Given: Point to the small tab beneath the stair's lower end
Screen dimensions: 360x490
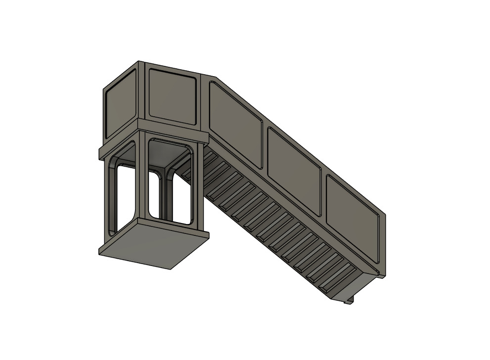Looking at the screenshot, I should coord(349,299).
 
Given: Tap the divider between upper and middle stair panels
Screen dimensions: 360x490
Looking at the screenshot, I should coord(264,143).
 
